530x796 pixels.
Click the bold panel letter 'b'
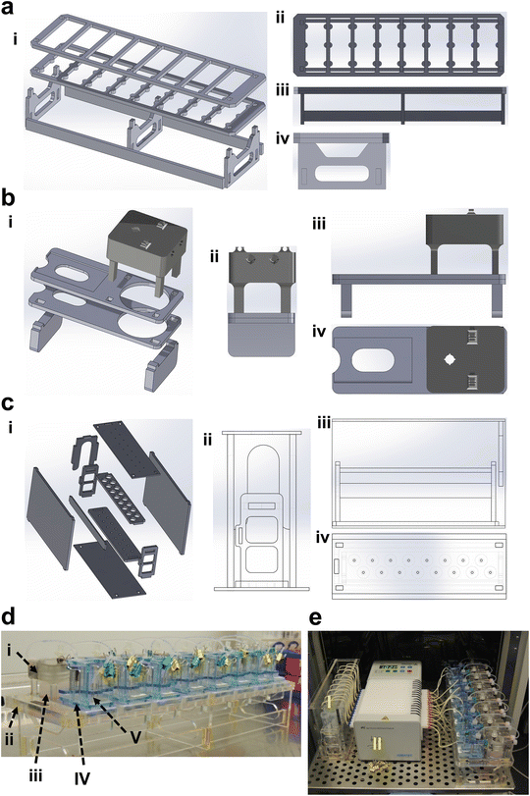point(9,195)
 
